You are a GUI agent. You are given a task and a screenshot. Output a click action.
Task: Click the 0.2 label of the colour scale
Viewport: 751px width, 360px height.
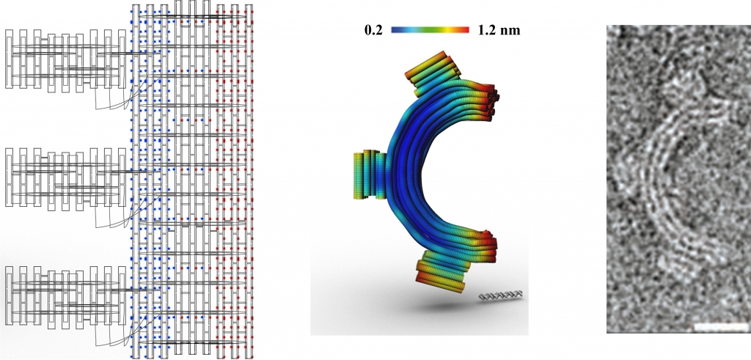pyautogui.click(x=373, y=31)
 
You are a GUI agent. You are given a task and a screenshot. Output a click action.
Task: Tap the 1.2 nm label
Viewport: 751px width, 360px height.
pyautogui.click(x=499, y=31)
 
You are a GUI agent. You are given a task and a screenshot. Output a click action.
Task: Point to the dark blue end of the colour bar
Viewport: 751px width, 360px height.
pyautogui.click(x=398, y=29)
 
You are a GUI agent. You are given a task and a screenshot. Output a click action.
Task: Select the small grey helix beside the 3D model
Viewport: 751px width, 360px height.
pyautogui.click(x=501, y=295)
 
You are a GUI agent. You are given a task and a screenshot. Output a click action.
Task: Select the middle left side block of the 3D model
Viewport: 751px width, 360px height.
pyautogui.click(x=370, y=175)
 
